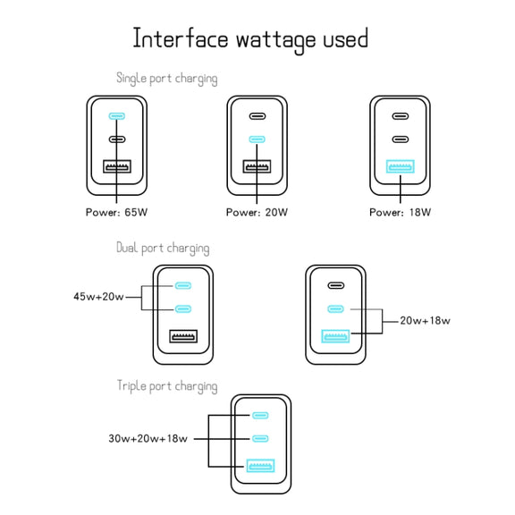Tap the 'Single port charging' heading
(167, 79)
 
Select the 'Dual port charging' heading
(163, 248)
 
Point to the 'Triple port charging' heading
(167, 386)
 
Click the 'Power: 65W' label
(116, 212)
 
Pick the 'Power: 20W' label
(257, 212)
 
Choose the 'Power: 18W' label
(400, 212)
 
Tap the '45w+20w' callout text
(98, 297)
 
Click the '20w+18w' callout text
(425, 321)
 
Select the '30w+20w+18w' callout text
(148, 438)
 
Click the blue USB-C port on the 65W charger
(117, 116)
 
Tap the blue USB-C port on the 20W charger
(257, 139)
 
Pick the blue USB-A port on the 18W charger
(400, 166)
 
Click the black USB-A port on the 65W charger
(117, 166)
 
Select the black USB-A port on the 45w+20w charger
(183, 336)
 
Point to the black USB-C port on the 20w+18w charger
(336, 285)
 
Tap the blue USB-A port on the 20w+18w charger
(335, 336)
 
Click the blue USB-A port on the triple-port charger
(260, 466)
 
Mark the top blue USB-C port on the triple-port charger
(260, 415)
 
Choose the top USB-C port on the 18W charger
(401, 116)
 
